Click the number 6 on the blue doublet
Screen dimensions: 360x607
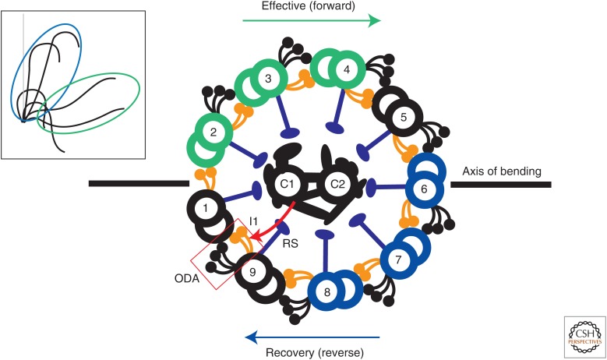click(x=424, y=188)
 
